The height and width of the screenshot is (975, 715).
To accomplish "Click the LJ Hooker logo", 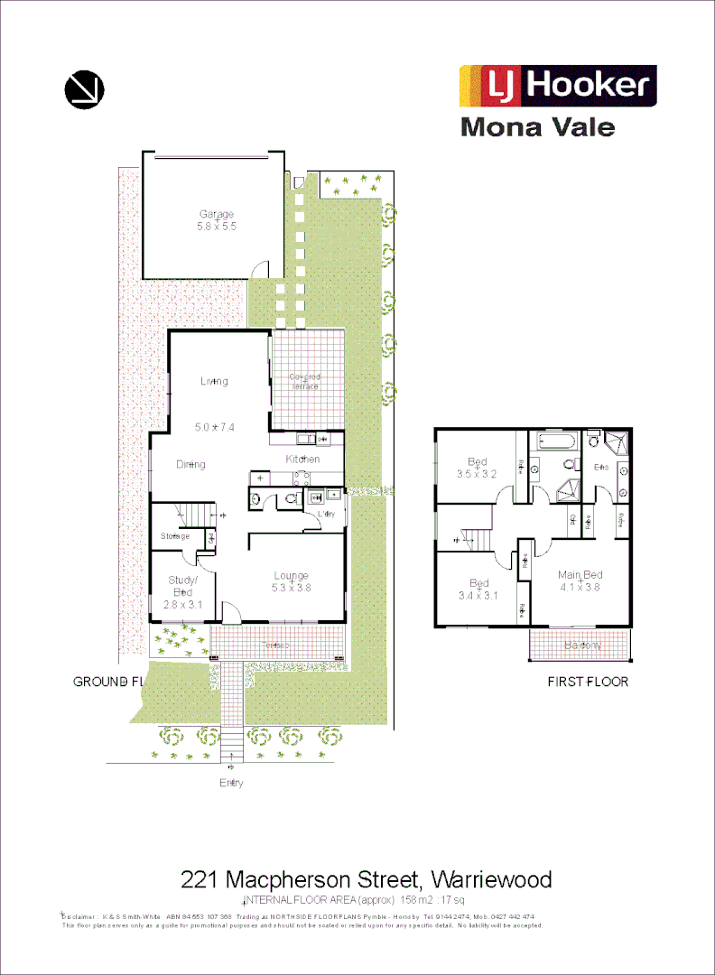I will tap(557, 86).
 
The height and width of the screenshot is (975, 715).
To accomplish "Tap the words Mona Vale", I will tap(537, 126).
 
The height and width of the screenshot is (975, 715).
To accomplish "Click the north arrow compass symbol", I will tap(85, 88).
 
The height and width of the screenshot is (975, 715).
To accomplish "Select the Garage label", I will tap(217, 214).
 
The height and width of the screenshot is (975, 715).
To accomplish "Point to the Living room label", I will tap(214, 381).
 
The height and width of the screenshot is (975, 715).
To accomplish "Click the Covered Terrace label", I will tap(305, 381).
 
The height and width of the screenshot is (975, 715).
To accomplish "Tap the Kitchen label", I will tap(303, 460).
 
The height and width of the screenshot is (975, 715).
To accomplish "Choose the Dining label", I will tap(190, 465).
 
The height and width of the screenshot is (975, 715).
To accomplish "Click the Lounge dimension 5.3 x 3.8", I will tap(291, 588).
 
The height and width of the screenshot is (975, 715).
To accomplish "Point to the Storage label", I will tap(175, 536).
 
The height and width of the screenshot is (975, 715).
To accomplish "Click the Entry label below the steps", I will tap(231, 783).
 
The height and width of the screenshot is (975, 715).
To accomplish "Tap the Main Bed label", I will tap(580, 575).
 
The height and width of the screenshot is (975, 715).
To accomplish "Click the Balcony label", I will tap(582, 645).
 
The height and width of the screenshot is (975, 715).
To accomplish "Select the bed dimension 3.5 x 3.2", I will tap(477, 473).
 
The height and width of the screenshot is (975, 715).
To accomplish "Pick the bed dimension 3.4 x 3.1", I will tap(478, 595).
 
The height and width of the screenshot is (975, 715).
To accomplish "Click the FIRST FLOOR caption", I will tap(588, 682).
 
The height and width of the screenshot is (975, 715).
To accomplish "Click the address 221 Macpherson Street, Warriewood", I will tap(366, 878).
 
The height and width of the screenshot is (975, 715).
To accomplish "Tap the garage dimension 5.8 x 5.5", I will tap(217, 227).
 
